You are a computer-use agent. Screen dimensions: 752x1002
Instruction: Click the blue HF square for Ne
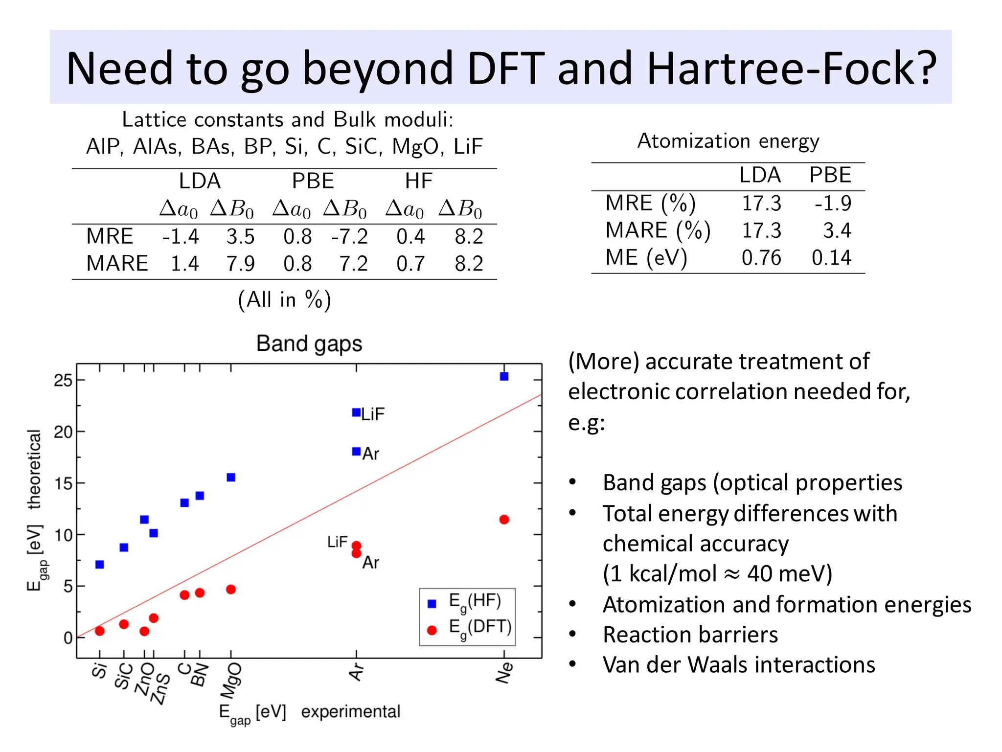(x=504, y=376)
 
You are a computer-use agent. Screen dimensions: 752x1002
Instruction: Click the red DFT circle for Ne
(x=504, y=520)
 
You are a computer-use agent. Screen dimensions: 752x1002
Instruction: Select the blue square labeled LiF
(x=357, y=412)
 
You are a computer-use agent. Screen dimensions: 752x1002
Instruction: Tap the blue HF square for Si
(x=100, y=565)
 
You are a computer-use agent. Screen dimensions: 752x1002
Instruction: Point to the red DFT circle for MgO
(x=231, y=590)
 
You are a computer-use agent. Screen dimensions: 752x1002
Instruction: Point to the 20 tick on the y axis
(x=63, y=432)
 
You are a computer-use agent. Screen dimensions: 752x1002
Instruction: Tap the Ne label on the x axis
(x=504, y=673)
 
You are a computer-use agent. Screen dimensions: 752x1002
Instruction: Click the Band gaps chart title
(x=309, y=344)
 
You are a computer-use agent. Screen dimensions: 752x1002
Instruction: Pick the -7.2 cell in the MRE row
(x=349, y=237)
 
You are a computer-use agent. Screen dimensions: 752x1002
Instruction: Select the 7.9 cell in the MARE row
(x=240, y=264)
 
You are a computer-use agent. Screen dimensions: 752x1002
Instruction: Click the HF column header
(x=419, y=182)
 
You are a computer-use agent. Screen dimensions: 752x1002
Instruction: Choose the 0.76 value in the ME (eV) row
(x=761, y=258)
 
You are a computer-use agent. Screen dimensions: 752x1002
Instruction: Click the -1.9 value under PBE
(x=833, y=203)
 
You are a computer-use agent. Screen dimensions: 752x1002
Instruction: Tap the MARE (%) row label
(x=658, y=230)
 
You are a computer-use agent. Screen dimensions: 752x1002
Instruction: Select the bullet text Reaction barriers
(x=690, y=635)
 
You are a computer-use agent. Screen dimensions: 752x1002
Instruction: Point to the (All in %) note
(x=285, y=299)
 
